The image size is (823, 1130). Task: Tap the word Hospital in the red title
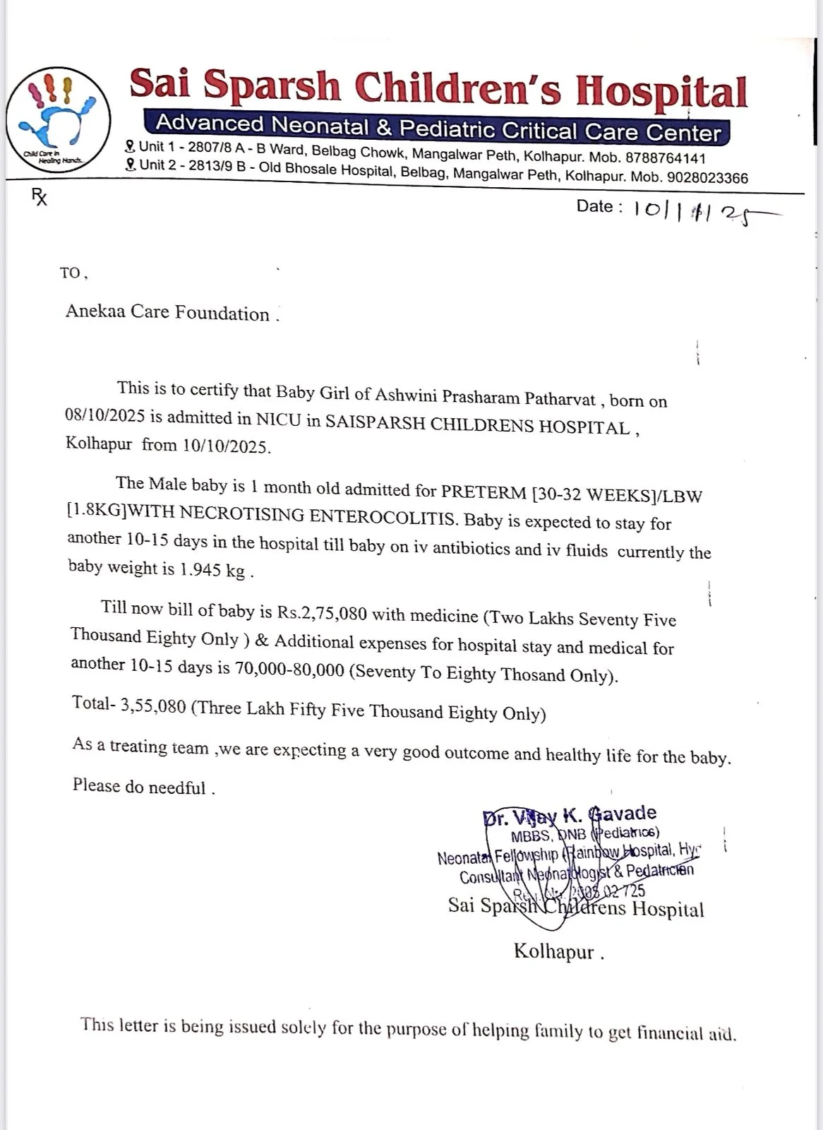pos(661,92)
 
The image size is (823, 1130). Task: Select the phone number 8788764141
pos(665,158)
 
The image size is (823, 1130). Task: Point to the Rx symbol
pos(40,197)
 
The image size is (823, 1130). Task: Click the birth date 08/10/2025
pos(104,415)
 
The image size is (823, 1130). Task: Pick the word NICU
pos(279,420)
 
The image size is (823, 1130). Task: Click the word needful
pos(176,787)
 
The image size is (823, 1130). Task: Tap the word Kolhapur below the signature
pos(554,951)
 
